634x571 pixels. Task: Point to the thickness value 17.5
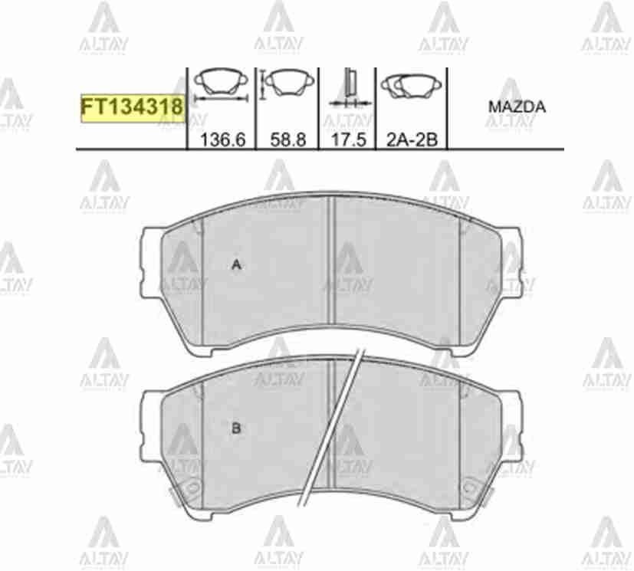click(x=347, y=139)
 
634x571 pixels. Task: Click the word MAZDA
click(x=517, y=107)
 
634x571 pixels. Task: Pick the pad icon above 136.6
click(x=221, y=83)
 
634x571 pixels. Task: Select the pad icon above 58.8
click(x=287, y=81)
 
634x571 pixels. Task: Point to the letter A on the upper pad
click(x=237, y=265)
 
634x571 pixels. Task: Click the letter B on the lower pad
click(x=236, y=428)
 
